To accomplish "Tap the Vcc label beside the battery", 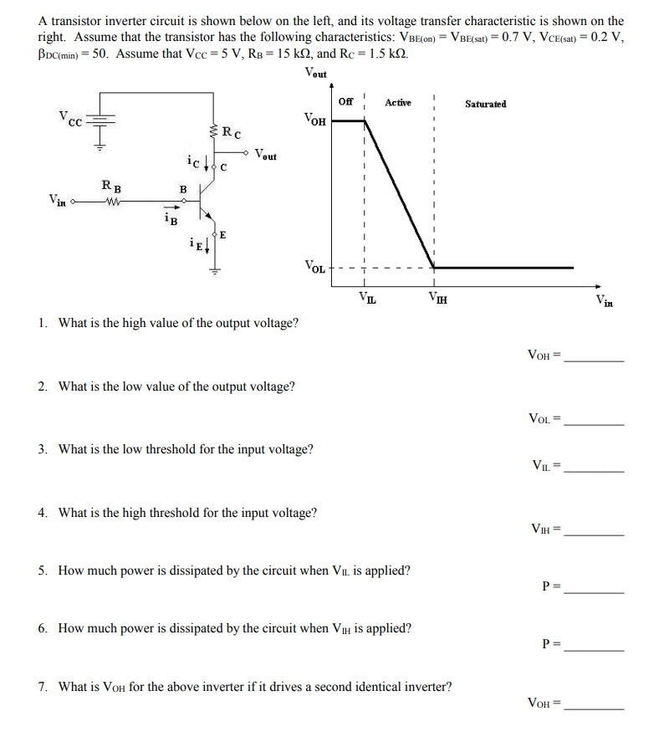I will (69, 118).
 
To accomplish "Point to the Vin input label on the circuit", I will (58, 200).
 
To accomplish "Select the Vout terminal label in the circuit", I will (266, 155).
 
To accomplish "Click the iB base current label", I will (170, 219).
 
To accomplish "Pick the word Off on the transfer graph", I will (346, 102).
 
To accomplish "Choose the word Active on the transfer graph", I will (398, 103).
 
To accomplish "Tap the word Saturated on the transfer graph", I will (485, 104).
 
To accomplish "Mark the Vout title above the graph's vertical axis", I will (317, 74).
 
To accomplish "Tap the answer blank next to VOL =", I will (594, 422).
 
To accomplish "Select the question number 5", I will (42, 570).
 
